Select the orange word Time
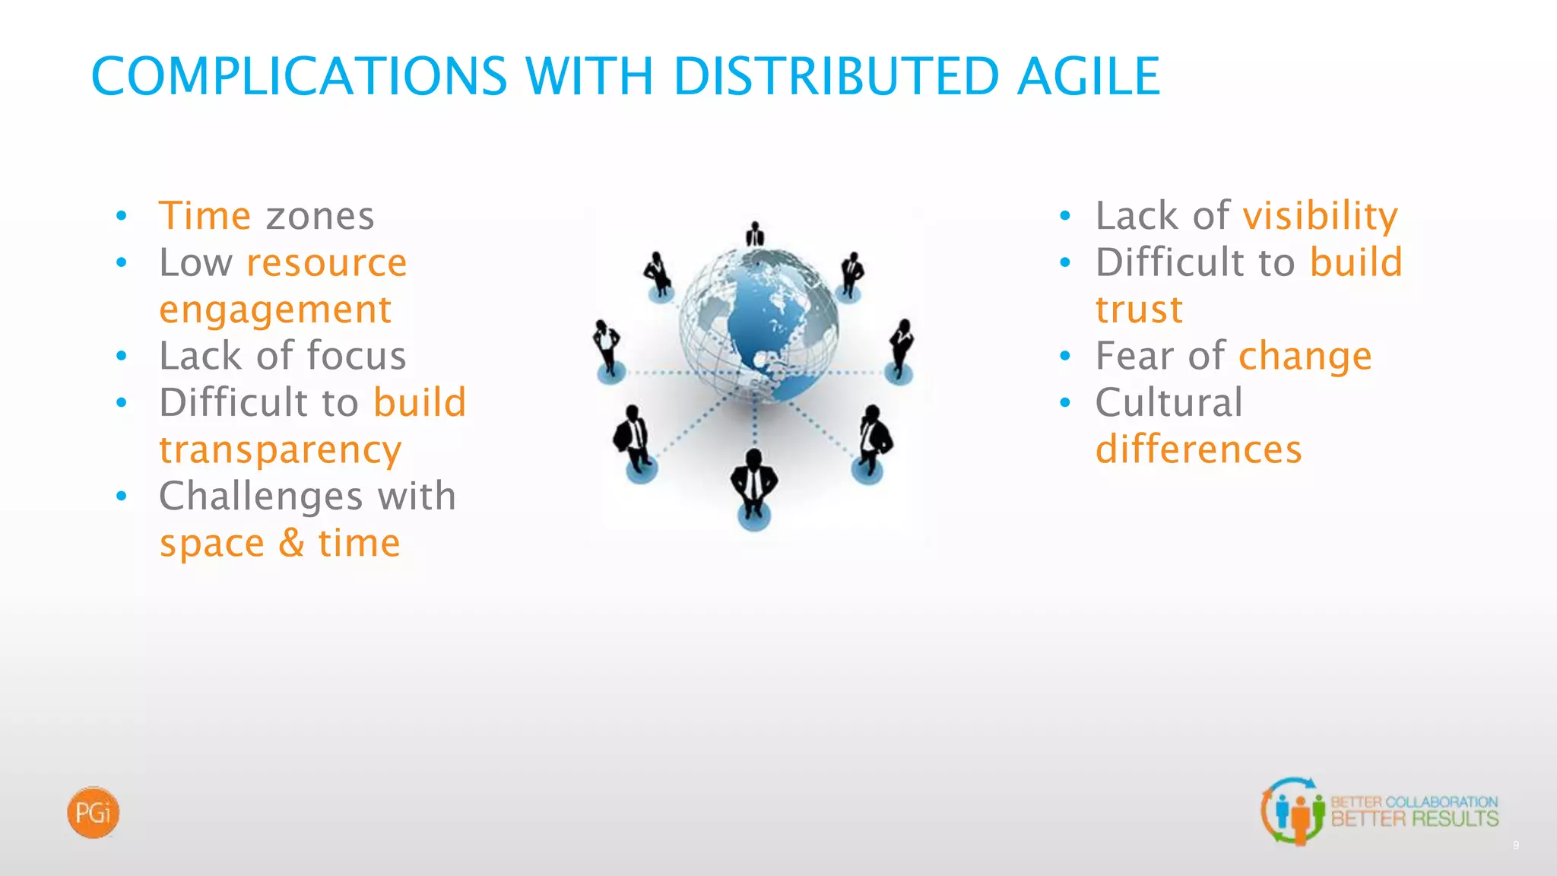pyautogui.click(x=205, y=215)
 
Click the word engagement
pyautogui.click(x=275, y=310)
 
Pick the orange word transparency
pyautogui.click(x=280, y=450)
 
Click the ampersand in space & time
pyautogui.click(x=291, y=543)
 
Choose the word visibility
pyautogui.click(x=1320, y=216)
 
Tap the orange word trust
pyautogui.click(x=1139, y=310)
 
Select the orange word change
pyautogui.click(x=1305, y=357)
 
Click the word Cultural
pyautogui.click(x=1169, y=402)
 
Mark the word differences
pyautogui.click(x=1198, y=449)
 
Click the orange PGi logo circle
pyautogui.click(x=93, y=813)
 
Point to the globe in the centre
pyautogui.click(x=759, y=325)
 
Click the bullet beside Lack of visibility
pyautogui.click(x=1065, y=217)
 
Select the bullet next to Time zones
pyautogui.click(x=122, y=217)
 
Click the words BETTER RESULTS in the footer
pyautogui.click(x=1414, y=820)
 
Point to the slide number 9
pyautogui.click(x=1515, y=846)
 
